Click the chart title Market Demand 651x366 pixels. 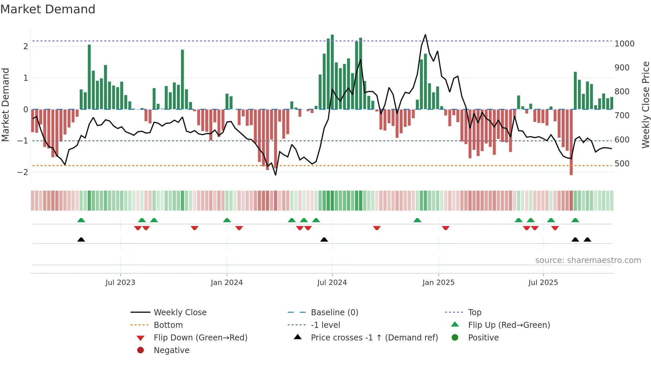[x=48, y=9]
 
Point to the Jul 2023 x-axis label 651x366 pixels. [x=120, y=283]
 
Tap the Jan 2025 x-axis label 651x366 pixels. [x=438, y=283]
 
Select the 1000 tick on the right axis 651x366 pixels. [x=624, y=44]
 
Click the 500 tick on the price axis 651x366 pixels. [x=622, y=164]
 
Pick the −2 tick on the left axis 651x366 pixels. [x=23, y=172]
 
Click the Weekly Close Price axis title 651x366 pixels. [x=645, y=105]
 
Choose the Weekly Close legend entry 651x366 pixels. [x=180, y=313]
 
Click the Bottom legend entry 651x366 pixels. [x=168, y=325]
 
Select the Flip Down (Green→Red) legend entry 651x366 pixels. [x=200, y=338]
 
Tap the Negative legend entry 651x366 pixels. [x=171, y=350]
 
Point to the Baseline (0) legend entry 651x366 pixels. [x=334, y=313]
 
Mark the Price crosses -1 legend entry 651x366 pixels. [x=374, y=338]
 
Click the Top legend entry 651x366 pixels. [x=475, y=313]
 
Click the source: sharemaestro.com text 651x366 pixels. [x=588, y=260]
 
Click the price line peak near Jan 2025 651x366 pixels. [x=425, y=35]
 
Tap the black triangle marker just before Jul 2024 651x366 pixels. [x=324, y=239]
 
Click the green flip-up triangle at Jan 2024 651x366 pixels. [x=227, y=220]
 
